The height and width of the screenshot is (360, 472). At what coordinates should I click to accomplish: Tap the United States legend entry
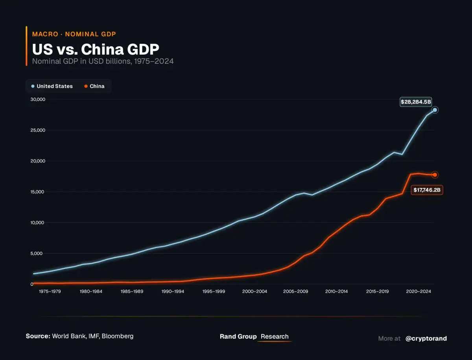point(52,86)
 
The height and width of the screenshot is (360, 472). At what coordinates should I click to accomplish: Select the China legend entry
point(94,86)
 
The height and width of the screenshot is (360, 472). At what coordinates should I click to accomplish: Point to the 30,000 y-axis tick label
point(38,100)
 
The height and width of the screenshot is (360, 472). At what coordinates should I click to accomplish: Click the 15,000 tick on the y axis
point(38,192)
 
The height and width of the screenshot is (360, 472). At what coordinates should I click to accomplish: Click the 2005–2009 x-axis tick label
point(296,292)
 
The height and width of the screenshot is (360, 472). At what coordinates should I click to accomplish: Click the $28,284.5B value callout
point(416,102)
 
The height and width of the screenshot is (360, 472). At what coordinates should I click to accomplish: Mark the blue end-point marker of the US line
point(435,110)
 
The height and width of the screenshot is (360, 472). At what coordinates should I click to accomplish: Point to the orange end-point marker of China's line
point(435,175)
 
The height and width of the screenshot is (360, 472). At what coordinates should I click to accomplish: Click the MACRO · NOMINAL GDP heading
point(74,34)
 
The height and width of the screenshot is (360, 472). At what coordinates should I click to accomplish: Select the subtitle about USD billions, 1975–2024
point(103,61)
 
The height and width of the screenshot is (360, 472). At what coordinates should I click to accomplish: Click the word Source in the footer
point(38,336)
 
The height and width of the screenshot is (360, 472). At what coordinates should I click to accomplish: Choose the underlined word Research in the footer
point(275,337)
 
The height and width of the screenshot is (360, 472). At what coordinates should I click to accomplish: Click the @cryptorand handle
point(426,338)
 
